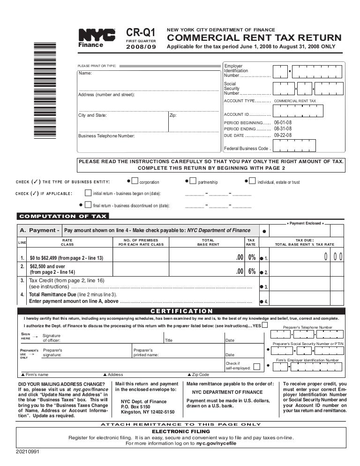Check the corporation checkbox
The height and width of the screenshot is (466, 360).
[135, 181]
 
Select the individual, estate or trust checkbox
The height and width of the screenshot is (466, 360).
[252, 181]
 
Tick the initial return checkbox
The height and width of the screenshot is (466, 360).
[88, 193]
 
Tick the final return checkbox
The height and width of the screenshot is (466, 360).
[88, 204]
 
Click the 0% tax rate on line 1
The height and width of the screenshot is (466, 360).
[252, 258]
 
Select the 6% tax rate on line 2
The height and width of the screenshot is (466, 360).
[252, 271]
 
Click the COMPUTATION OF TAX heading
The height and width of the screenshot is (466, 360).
[62, 216]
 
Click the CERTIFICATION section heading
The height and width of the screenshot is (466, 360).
[181, 311]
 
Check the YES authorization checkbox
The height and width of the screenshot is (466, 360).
[265, 325]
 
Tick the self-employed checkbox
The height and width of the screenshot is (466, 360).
[256, 366]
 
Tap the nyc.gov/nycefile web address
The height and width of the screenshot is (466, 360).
[216, 443]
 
